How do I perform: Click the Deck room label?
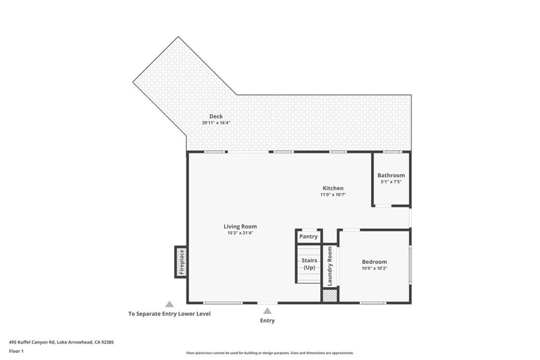click(216, 116)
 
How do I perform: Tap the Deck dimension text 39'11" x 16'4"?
click(216, 123)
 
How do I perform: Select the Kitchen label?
click(333, 188)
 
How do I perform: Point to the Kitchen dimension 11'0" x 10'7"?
click(333, 195)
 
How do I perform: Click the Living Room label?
click(240, 227)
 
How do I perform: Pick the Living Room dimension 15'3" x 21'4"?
click(240, 233)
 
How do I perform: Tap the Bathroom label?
click(391, 176)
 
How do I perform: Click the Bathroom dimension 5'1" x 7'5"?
click(391, 182)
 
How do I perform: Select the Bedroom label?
click(374, 262)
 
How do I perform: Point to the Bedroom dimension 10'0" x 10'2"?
click(374, 268)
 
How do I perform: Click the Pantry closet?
click(308, 237)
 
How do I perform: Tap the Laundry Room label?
click(330, 266)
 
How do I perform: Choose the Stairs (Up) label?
click(309, 264)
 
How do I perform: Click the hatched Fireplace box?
click(181, 262)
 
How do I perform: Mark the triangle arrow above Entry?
click(267, 311)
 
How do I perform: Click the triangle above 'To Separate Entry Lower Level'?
click(169, 304)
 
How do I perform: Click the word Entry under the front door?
click(267, 321)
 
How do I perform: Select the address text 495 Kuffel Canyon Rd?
click(32, 343)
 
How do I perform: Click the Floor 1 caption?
click(16, 352)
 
